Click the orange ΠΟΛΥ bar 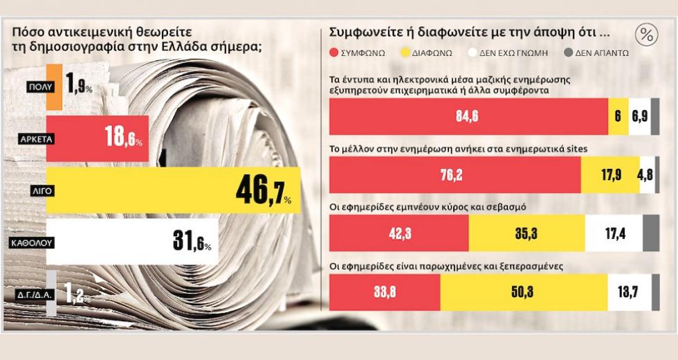54,87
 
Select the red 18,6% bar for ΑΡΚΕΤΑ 97,138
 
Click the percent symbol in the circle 646,35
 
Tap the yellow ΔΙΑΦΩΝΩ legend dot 407,52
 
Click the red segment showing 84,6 468,116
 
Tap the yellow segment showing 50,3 524,292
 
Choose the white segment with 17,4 613,233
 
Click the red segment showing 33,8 385,292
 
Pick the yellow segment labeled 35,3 526,233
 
